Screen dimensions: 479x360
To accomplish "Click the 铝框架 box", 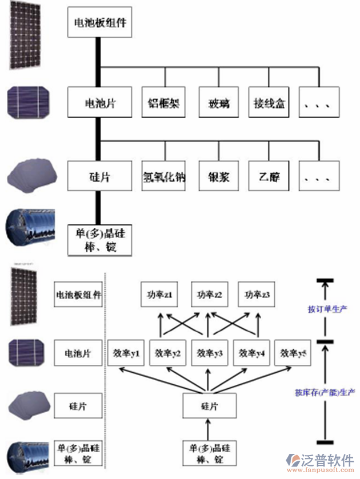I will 164,103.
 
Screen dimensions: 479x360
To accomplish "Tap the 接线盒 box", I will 270,103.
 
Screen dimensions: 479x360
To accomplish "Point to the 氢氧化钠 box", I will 164,176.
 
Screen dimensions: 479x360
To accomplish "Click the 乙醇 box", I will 270,176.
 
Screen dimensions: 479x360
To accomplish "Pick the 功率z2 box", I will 210,295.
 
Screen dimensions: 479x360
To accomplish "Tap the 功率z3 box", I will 257,295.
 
